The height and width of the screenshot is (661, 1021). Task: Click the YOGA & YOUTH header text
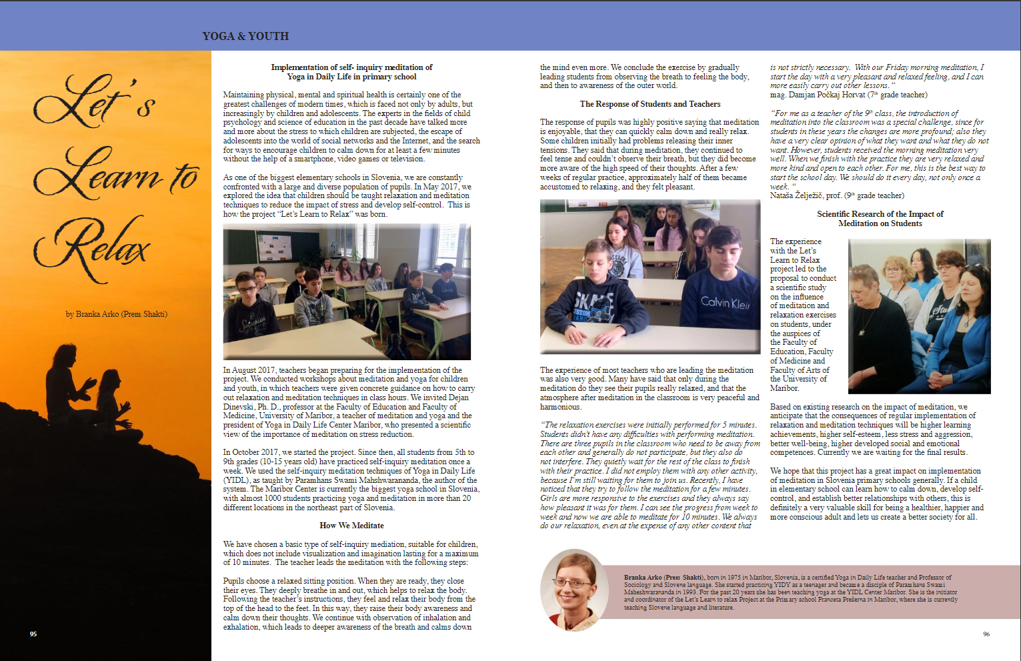245,36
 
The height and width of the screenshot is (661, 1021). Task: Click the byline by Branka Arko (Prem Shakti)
117,314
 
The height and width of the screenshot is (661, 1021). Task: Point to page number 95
33,634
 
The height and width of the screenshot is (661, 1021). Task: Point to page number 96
986,634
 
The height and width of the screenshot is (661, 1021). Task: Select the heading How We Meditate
351,526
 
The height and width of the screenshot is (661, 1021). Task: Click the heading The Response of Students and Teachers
650,104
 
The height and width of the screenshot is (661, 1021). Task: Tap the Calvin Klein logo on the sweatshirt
725,302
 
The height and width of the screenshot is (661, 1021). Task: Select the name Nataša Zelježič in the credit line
796,195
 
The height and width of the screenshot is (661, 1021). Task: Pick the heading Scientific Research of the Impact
880,219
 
